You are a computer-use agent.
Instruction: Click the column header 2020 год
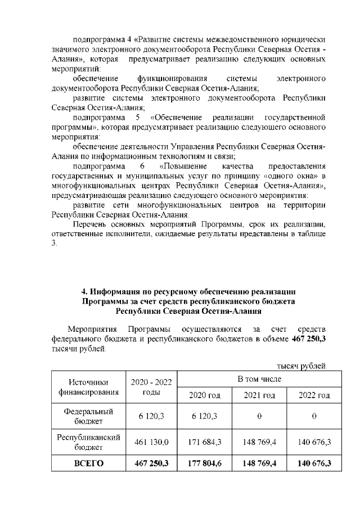pos(205,395)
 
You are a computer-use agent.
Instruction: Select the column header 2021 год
pos(259,395)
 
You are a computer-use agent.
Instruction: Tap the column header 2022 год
pos(313,395)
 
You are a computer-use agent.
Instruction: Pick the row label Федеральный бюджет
pos(88,416)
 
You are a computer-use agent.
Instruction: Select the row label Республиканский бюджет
pos(88,443)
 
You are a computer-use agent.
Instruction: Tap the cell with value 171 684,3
pos(205,443)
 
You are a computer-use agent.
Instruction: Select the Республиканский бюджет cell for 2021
pos(259,443)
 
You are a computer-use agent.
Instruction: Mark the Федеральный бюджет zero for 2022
pos(313,416)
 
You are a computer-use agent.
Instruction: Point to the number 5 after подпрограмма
pos(137,117)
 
